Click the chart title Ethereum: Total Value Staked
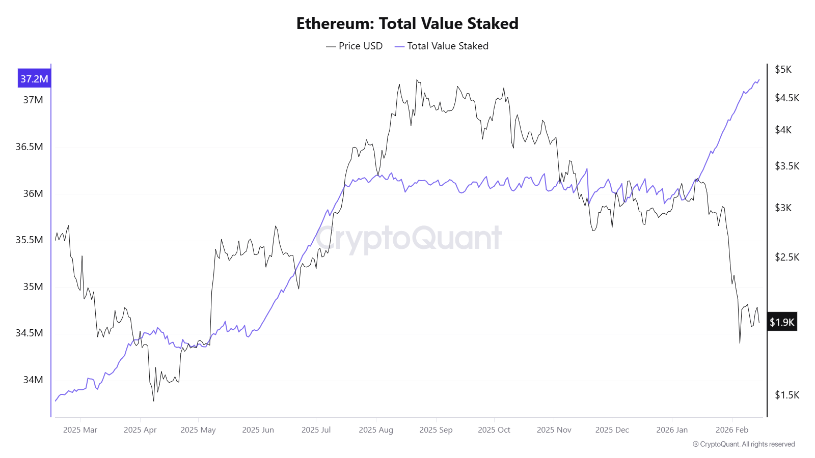pyautogui.click(x=407, y=23)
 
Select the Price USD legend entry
pyautogui.click(x=355, y=46)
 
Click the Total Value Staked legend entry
pyautogui.click(x=442, y=46)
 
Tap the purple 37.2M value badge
pyautogui.click(x=34, y=79)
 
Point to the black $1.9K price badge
pyautogui.click(x=782, y=322)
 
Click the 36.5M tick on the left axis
pyautogui.click(x=29, y=147)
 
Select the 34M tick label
pyautogui.click(x=33, y=380)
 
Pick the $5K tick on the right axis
pyautogui.click(x=783, y=70)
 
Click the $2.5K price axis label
pyautogui.click(x=787, y=257)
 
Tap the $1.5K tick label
pyautogui.click(x=787, y=395)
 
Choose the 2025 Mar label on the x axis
pyautogui.click(x=80, y=430)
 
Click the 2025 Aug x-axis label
pyautogui.click(x=376, y=430)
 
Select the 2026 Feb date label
pyautogui.click(x=732, y=430)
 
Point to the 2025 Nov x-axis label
pyautogui.click(x=554, y=430)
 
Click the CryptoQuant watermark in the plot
pyautogui.click(x=409, y=238)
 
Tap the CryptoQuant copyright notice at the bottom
pyautogui.click(x=744, y=444)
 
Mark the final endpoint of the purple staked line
pyautogui.click(x=759, y=79)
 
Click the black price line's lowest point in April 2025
pyautogui.click(x=153, y=400)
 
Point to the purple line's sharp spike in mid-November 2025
pyautogui.click(x=587, y=169)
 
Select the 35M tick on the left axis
pyautogui.click(x=33, y=287)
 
